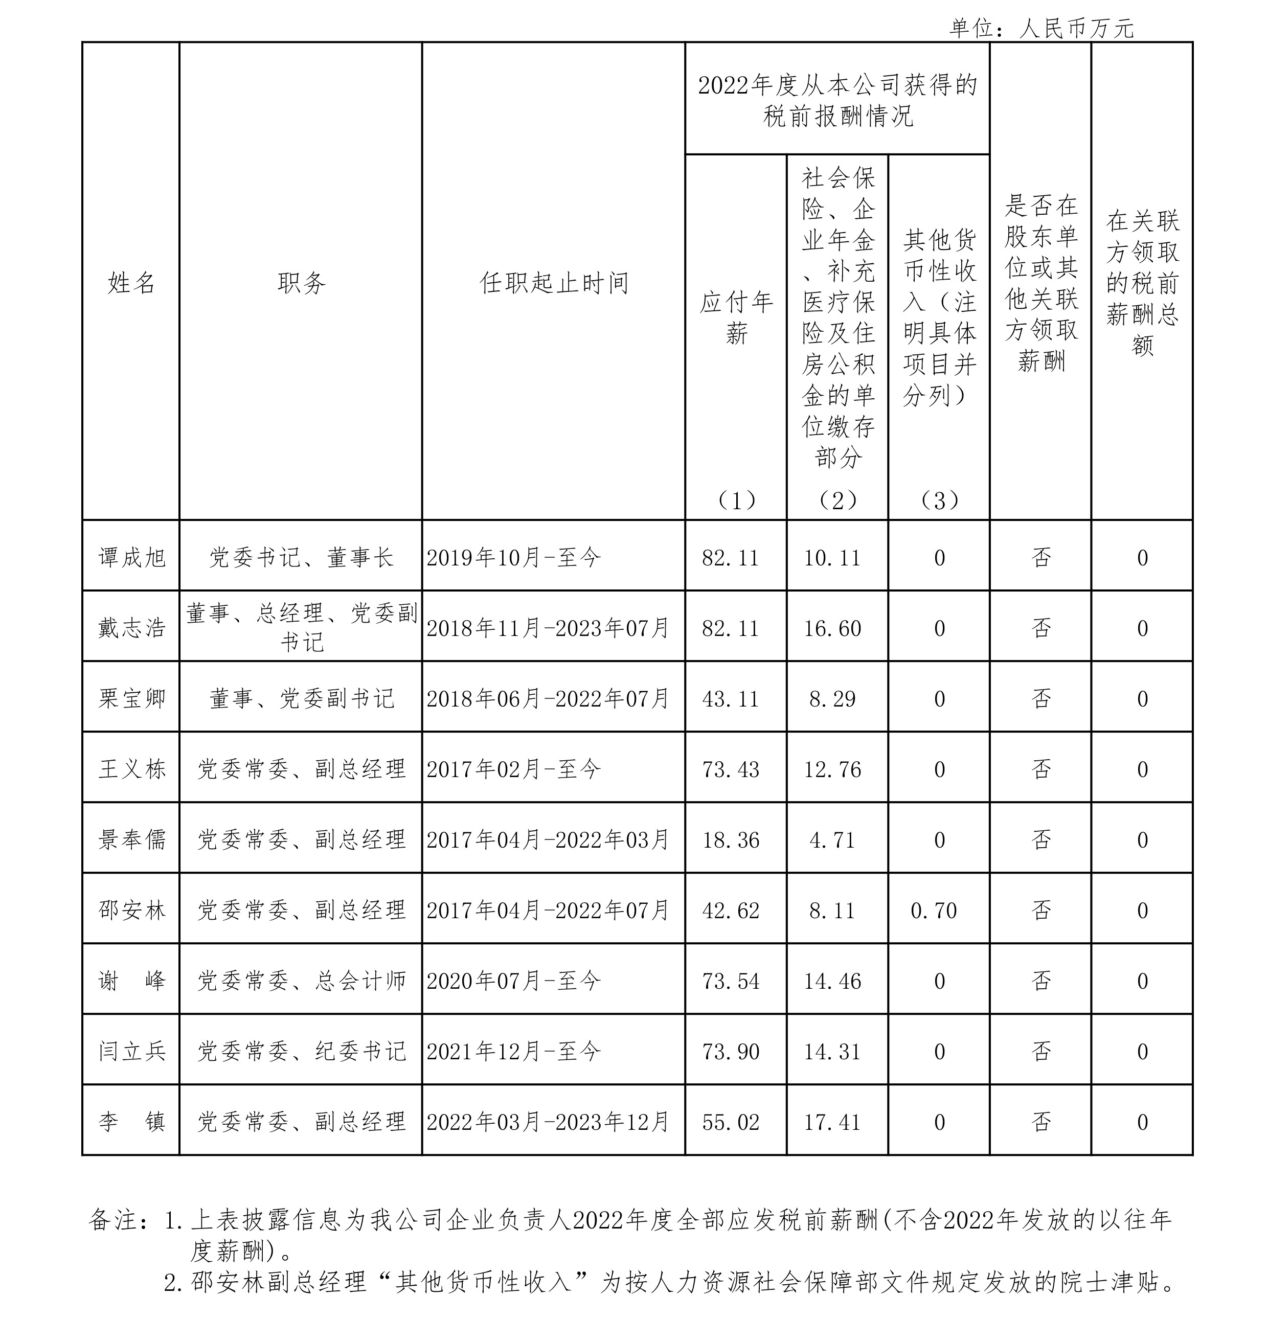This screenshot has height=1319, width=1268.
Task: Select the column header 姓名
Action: click(131, 283)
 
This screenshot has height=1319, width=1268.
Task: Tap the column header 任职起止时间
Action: click(553, 283)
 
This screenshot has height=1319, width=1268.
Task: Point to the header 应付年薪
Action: click(736, 317)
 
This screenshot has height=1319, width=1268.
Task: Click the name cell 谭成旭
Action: click(131, 557)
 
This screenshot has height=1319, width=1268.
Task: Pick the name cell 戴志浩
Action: click(131, 628)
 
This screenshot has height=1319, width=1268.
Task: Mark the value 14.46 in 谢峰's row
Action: click(832, 981)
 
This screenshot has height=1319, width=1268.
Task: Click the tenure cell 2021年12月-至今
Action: click(513, 1051)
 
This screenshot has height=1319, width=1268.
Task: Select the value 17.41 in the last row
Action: click(832, 1122)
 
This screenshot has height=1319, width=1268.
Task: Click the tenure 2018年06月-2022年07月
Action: click(548, 698)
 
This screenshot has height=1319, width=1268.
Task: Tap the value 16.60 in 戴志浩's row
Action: click(832, 628)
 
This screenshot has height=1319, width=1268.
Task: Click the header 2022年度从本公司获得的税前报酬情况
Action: click(837, 100)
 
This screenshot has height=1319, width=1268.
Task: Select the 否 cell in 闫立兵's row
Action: click(1041, 1051)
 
